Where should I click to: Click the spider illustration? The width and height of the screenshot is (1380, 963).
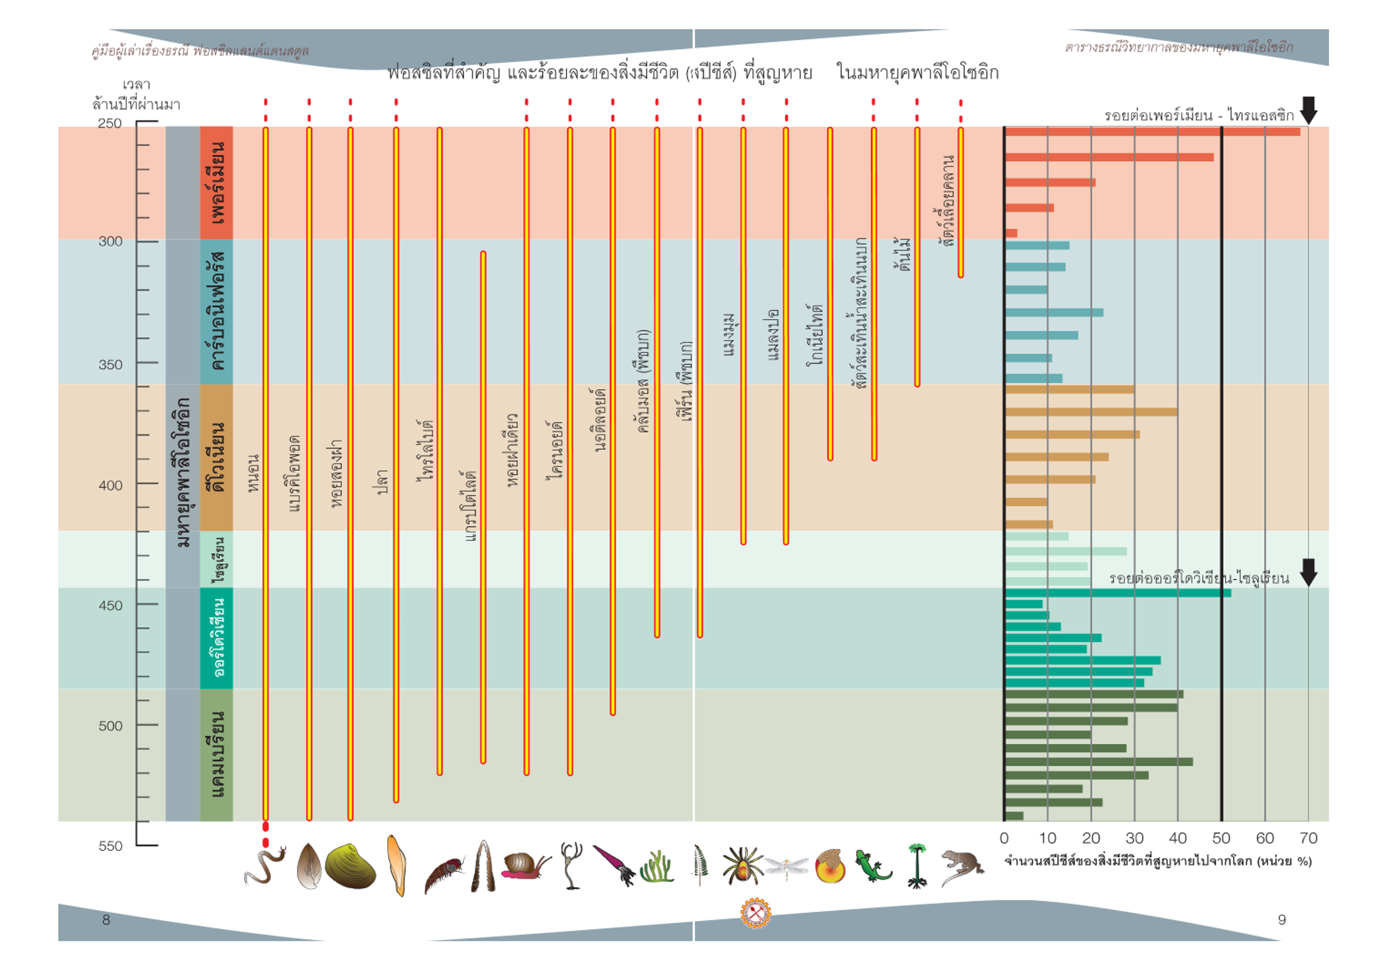742,866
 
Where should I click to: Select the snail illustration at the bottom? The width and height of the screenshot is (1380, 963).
524,866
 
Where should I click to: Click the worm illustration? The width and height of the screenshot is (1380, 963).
264,866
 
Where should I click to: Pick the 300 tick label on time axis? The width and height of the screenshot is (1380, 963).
110,241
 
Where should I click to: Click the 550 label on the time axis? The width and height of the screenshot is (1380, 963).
110,846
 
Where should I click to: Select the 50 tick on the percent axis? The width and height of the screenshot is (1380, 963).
1221,838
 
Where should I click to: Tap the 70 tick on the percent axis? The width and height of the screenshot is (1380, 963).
1308,838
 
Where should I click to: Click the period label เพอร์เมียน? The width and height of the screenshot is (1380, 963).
216,183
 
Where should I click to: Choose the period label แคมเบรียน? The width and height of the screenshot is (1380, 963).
216,755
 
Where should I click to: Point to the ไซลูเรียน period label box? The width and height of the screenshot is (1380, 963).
216,559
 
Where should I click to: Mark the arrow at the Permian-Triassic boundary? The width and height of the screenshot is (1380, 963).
1308,111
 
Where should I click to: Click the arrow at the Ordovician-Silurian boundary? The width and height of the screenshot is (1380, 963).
1308,572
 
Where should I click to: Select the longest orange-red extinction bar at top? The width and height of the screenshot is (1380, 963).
1152,132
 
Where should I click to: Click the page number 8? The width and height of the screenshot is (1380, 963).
106,920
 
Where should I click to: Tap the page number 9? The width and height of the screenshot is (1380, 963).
1281,920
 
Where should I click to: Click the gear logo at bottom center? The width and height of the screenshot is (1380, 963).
755,913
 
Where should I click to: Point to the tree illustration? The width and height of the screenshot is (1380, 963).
916,866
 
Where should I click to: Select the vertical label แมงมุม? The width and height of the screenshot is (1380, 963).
728,334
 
